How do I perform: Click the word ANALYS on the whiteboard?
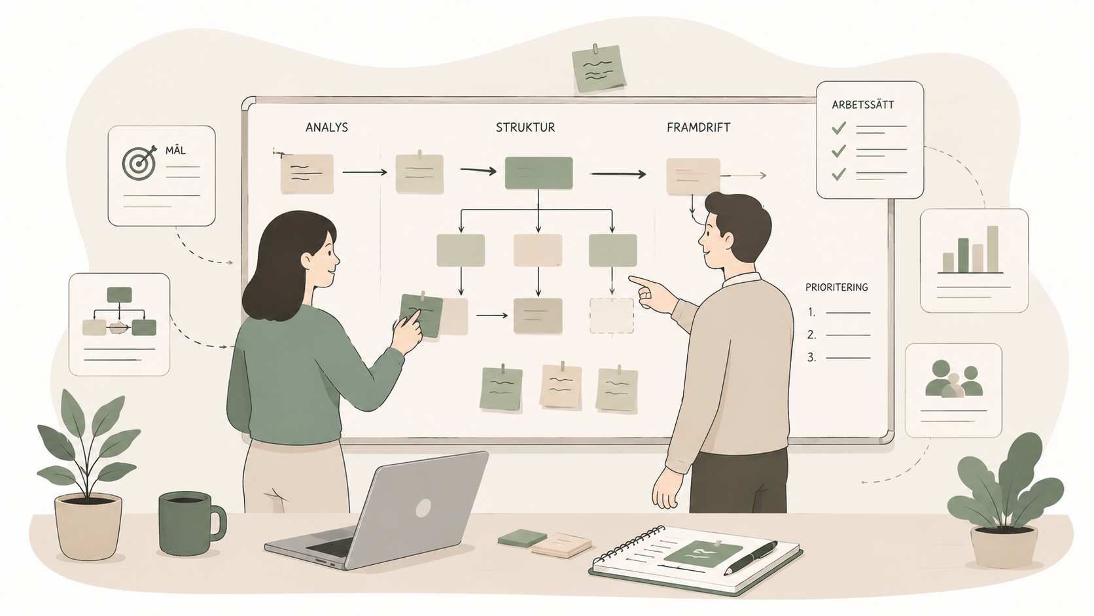click(x=326, y=128)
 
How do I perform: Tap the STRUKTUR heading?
click(x=525, y=128)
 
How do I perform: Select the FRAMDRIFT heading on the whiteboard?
click(x=699, y=128)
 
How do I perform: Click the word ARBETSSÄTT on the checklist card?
click(x=863, y=105)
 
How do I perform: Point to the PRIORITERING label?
click(x=837, y=287)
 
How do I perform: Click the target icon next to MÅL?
click(x=139, y=162)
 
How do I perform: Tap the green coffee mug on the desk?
click(x=191, y=523)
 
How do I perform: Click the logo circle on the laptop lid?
click(x=423, y=509)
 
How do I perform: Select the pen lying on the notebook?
click(x=750, y=557)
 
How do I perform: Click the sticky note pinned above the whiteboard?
click(x=599, y=68)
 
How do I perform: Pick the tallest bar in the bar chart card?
click(x=993, y=249)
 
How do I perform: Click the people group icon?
click(x=953, y=378)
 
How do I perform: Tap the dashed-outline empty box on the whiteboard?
click(x=612, y=316)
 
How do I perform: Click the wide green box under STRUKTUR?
click(x=538, y=173)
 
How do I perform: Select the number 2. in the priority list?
click(x=811, y=335)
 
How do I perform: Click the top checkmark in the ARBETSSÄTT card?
click(x=839, y=128)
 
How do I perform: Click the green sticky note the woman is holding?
click(x=421, y=315)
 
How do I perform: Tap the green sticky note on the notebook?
click(x=703, y=553)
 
